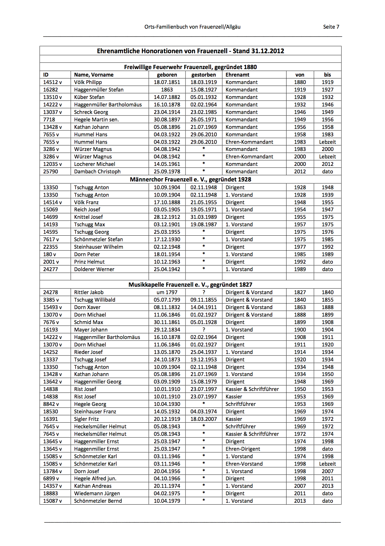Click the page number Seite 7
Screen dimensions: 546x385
[x=331, y=27]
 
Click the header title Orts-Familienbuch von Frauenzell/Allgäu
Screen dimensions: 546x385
[x=192, y=27]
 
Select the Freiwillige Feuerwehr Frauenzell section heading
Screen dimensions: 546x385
[x=190, y=67]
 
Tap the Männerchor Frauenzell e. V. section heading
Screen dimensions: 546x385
[x=190, y=179]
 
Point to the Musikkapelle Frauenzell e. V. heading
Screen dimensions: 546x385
[x=190, y=285]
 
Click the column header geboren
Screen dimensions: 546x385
[x=167, y=75]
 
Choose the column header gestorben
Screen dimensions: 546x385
[x=204, y=75]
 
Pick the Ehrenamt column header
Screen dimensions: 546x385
[x=237, y=75]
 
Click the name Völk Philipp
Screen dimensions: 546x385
[x=88, y=82]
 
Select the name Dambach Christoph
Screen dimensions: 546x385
[x=97, y=172]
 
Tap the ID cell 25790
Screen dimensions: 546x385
[x=51, y=172]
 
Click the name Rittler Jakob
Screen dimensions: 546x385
[x=89, y=292]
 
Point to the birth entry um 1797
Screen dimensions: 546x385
[x=167, y=292]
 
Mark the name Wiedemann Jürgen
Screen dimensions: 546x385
[x=97, y=493]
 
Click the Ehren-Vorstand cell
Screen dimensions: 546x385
[x=244, y=464]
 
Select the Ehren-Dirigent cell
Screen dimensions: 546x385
[x=243, y=449]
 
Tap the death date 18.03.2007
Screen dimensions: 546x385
[x=204, y=419]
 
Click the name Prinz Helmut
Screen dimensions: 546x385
[x=89, y=262]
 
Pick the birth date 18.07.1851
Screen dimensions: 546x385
[x=167, y=82]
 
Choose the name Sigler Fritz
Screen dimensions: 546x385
[x=86, y=419]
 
